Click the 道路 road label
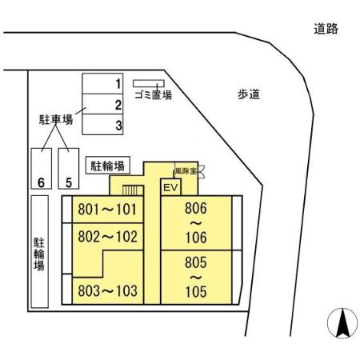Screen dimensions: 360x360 coord(326,29)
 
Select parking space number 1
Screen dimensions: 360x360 coord(102,83)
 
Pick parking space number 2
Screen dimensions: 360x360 coord(102,104)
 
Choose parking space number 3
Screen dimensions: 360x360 coord(102,125)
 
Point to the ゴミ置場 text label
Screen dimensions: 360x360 coord(152,94)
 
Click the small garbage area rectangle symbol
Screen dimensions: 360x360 coord(148,82)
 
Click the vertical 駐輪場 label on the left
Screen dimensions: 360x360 coord(38,254)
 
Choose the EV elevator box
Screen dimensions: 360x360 coord(170,187)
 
